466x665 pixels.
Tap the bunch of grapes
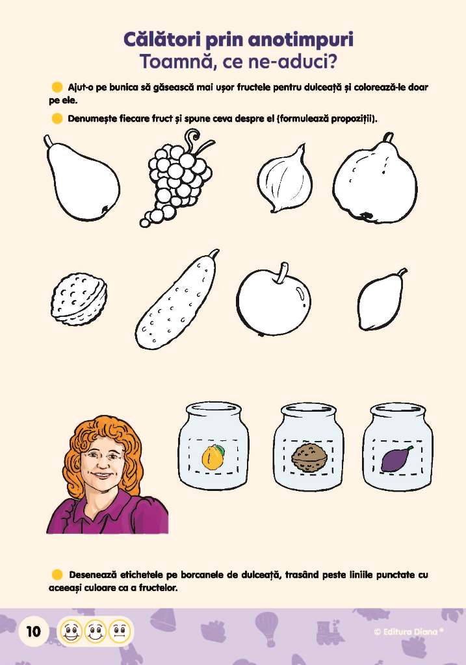(x=177, y=181)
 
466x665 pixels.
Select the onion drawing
(x=285, y=180)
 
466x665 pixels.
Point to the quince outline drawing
(x=374, y=180)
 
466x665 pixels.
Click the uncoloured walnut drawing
(x=79, y=299)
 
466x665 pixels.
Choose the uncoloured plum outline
(x=381, y=299)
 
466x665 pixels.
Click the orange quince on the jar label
(x=213, y=457)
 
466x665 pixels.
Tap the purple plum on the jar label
(x=396, y=459)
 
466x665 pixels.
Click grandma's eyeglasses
(x=102, y=457)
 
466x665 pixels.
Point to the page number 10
(x=33, y=632)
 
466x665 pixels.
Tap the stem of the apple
(x=281, y=273)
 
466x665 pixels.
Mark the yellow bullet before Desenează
(x=57, y=575)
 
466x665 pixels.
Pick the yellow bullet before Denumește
(x=57, y=118)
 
